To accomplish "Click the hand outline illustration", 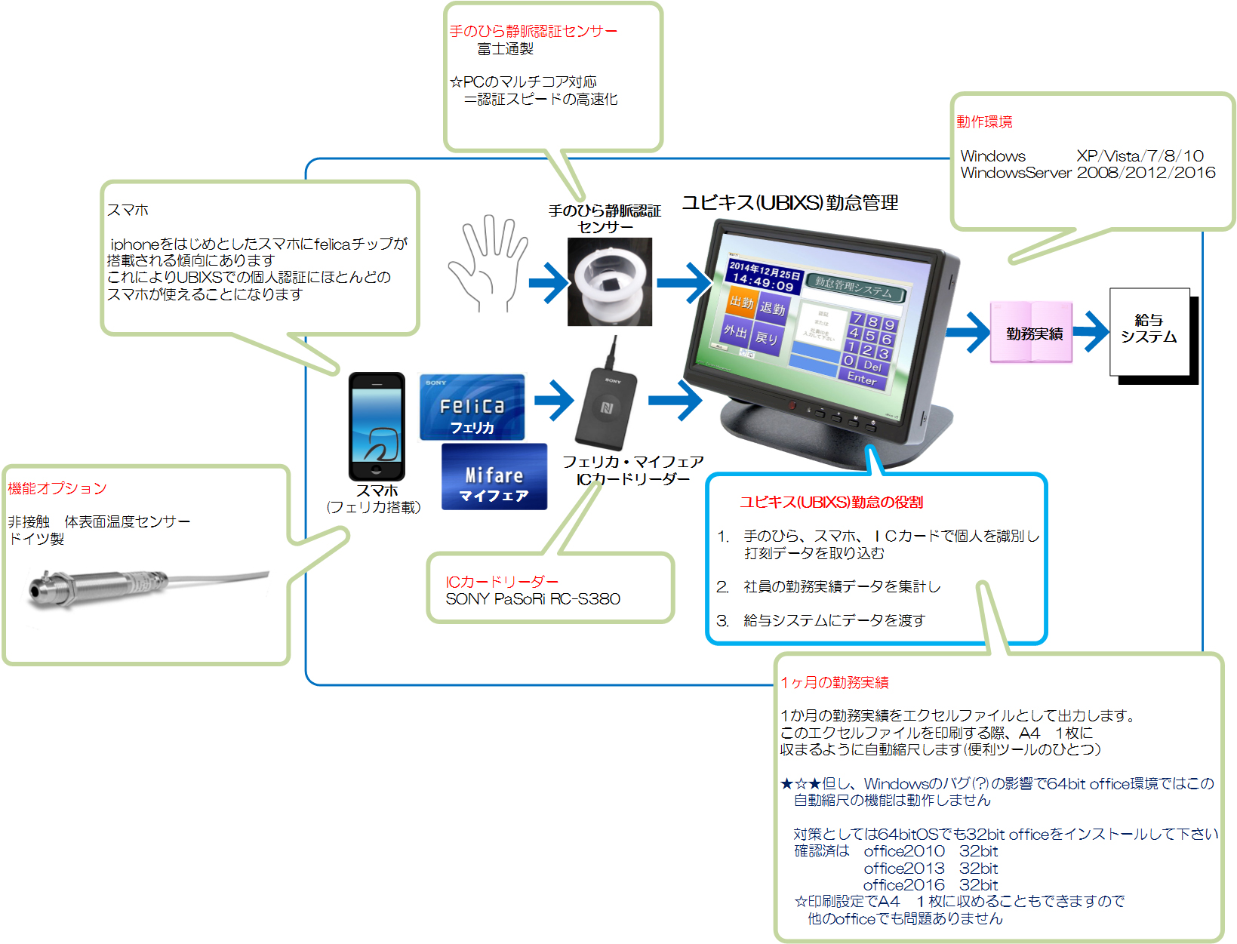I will [487, 264].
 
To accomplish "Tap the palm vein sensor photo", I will [610, 282].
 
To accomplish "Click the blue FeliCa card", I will [472, 407].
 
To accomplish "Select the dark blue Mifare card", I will [494, 477].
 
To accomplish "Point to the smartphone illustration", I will [377, 426].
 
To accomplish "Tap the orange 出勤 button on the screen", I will [742, 302].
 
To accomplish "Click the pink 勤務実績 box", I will [1032, 333].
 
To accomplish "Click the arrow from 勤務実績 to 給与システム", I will [1091, 331].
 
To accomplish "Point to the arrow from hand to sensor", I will [549, 284].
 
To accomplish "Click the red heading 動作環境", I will [984, 122].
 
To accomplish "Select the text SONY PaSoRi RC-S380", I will [533, 599].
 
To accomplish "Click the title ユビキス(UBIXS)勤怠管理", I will [790, 202].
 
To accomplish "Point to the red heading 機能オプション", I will [57, 488].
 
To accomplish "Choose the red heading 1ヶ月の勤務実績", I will [835, 682].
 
